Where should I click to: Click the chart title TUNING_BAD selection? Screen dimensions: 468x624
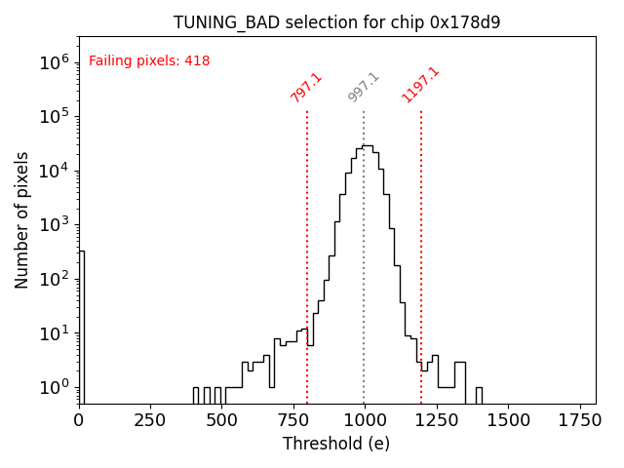pyautogui.click(x=337, y=22)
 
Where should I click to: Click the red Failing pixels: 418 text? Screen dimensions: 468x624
pyautogui.click(x=149, y=61)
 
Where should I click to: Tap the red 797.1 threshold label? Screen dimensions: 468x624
pyautogui.click(x=306, y=88)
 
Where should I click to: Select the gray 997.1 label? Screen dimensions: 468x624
pyautogui.click(x=364, y=88)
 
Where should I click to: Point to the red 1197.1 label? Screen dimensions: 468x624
pyautogui.click(x=420, y=86)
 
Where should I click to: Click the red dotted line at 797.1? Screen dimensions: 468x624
pyautogui.click(x=307, y=253)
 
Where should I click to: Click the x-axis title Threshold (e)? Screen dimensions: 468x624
pyautogui.click(x=336, y=445)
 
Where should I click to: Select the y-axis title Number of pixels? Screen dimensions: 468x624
pyautogui.click(x=22, y=220)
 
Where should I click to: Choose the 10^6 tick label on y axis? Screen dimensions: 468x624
pyautogui.click(x=55, y=62)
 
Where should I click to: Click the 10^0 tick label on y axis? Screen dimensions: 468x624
pyautogui.click(x=55, y=387)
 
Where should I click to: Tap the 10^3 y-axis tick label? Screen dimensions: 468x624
pyautogui.click(x=55, y=224)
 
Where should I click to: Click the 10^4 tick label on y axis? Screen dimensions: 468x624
pyautogui.click(x=55, y=171)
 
